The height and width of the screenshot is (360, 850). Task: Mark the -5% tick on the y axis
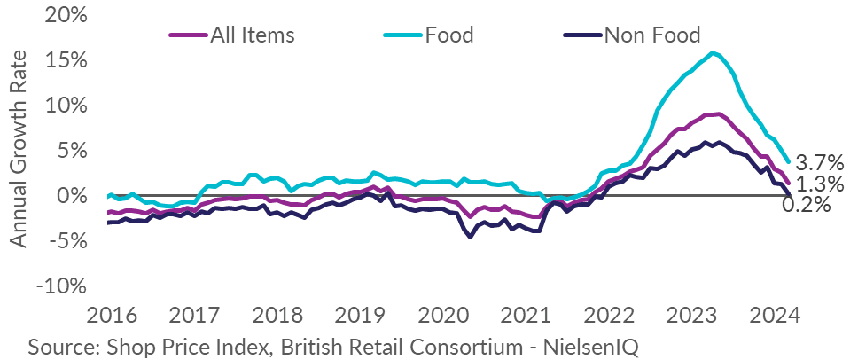(69, 241)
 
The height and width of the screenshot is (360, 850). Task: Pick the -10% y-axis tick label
(64, 286)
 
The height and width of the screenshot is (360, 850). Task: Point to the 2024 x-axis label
(779, 316)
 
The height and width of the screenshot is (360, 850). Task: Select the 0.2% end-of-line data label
(807, 205)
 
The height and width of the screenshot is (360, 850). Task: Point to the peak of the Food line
(714, 52)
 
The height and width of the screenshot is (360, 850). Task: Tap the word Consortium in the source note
(460, 344)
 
